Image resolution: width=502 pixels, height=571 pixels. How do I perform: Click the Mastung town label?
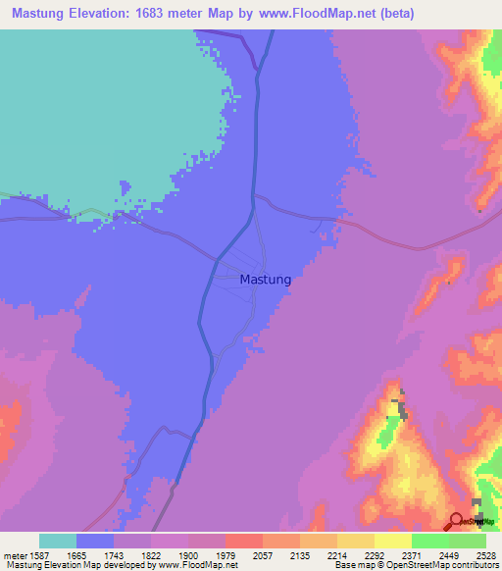click(x=266, y=280)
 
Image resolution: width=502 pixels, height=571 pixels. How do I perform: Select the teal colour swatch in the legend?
click(x=58, y=541)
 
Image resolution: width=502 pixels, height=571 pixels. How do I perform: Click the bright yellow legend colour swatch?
click(x=392, y=541)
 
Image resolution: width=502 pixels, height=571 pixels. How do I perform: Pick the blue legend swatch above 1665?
click(x=95, y=541)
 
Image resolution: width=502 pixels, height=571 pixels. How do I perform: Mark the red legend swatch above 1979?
click(x=243, y=541)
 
